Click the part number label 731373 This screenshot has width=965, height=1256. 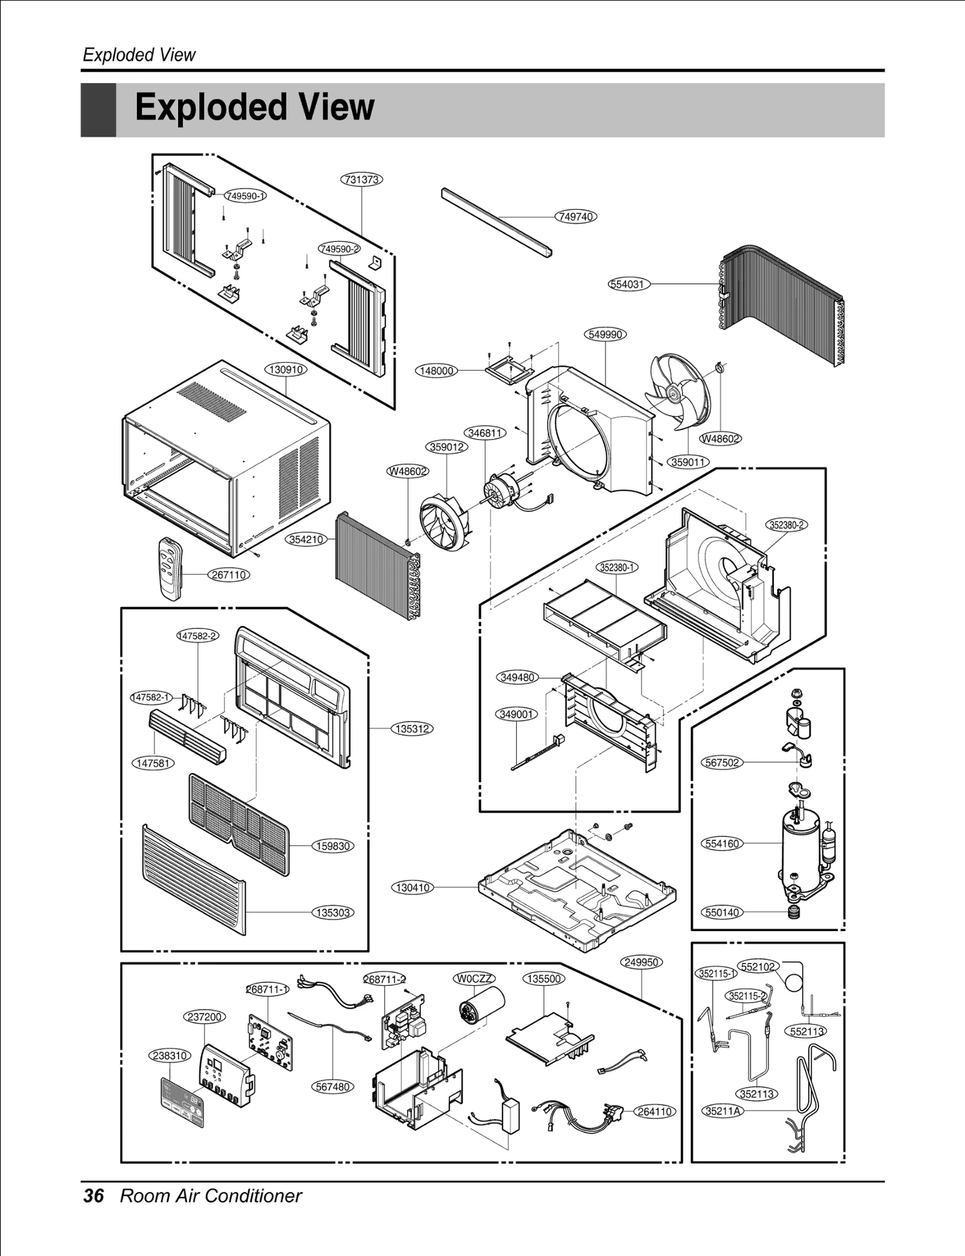[362, 179]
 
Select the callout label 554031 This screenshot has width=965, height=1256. [629, 284]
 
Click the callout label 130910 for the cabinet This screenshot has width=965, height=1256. [286, 369]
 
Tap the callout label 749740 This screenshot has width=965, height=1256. [575, 216]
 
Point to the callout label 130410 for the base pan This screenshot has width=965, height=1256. [413, 887]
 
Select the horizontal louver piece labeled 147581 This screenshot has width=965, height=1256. [187, 736]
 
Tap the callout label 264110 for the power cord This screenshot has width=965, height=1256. [655, 1111]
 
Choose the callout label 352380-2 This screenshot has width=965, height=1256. [787, 525]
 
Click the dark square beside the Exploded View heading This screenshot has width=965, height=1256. [98, 110]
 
